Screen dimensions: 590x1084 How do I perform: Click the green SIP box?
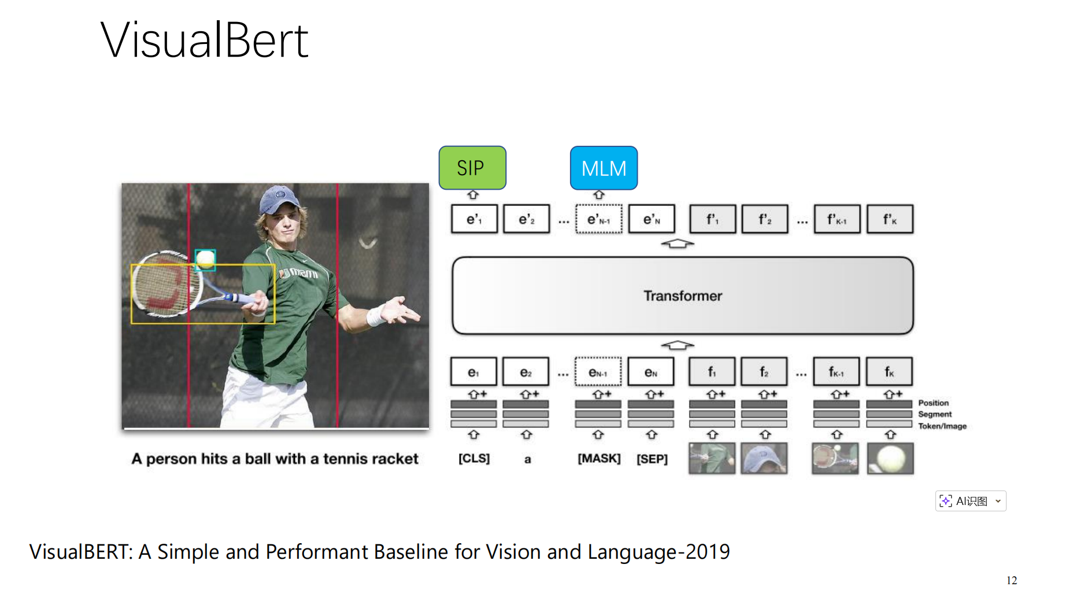[472, 168]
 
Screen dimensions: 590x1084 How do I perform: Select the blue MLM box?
[604, 168]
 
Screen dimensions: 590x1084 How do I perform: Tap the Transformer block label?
[683, 296]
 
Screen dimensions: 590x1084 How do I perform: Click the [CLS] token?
[474, 459]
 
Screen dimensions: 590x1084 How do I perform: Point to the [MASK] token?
[599, 459]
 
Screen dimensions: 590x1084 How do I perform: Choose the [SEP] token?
[652, 459]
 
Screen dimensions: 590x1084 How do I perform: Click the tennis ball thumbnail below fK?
[890, 459]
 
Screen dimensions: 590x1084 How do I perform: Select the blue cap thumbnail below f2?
[764, 459]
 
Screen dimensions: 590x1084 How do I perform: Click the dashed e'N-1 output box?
[599, 219]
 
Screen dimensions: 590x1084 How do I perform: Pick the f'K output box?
[890, 219]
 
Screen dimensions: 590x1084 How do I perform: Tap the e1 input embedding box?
[473, 372]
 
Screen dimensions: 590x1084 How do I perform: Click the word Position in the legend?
[933, 403]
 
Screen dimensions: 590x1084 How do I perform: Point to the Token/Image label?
[942, 426]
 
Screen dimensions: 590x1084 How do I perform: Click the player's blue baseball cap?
[280, 198]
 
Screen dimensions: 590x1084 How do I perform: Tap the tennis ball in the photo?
[205, 259]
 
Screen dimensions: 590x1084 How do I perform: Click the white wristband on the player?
[376, 315]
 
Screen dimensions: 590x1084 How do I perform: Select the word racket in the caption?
[396, 459]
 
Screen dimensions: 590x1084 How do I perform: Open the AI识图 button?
[970, 501]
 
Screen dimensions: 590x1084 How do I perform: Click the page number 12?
[1012, 580]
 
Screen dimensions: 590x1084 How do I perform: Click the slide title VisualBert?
[205, 40]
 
